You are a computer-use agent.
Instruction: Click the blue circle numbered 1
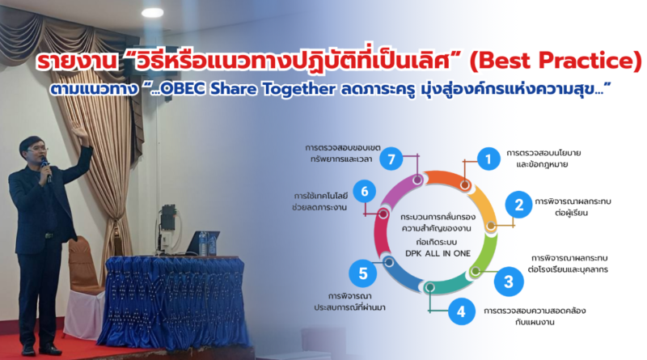tap(488, 159)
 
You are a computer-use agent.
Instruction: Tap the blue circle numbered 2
tap(519, 205)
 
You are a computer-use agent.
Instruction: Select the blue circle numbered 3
tap(509, 282)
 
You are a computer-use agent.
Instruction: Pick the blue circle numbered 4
tap(461, 311)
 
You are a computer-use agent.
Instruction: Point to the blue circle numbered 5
tap(362, 273)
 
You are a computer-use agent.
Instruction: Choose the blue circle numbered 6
tap(365, 191)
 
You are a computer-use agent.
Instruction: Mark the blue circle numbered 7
tap(391, 159)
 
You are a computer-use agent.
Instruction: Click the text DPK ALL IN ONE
tap(438, 253)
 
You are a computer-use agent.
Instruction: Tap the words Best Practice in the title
tap(556, 61)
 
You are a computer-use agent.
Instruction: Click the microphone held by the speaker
tap(46, 168)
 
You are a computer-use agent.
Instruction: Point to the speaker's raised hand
tap(80, 133)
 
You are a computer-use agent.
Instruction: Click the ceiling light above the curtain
tap(152, 13)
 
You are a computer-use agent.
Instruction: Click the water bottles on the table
tap(207, 244)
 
